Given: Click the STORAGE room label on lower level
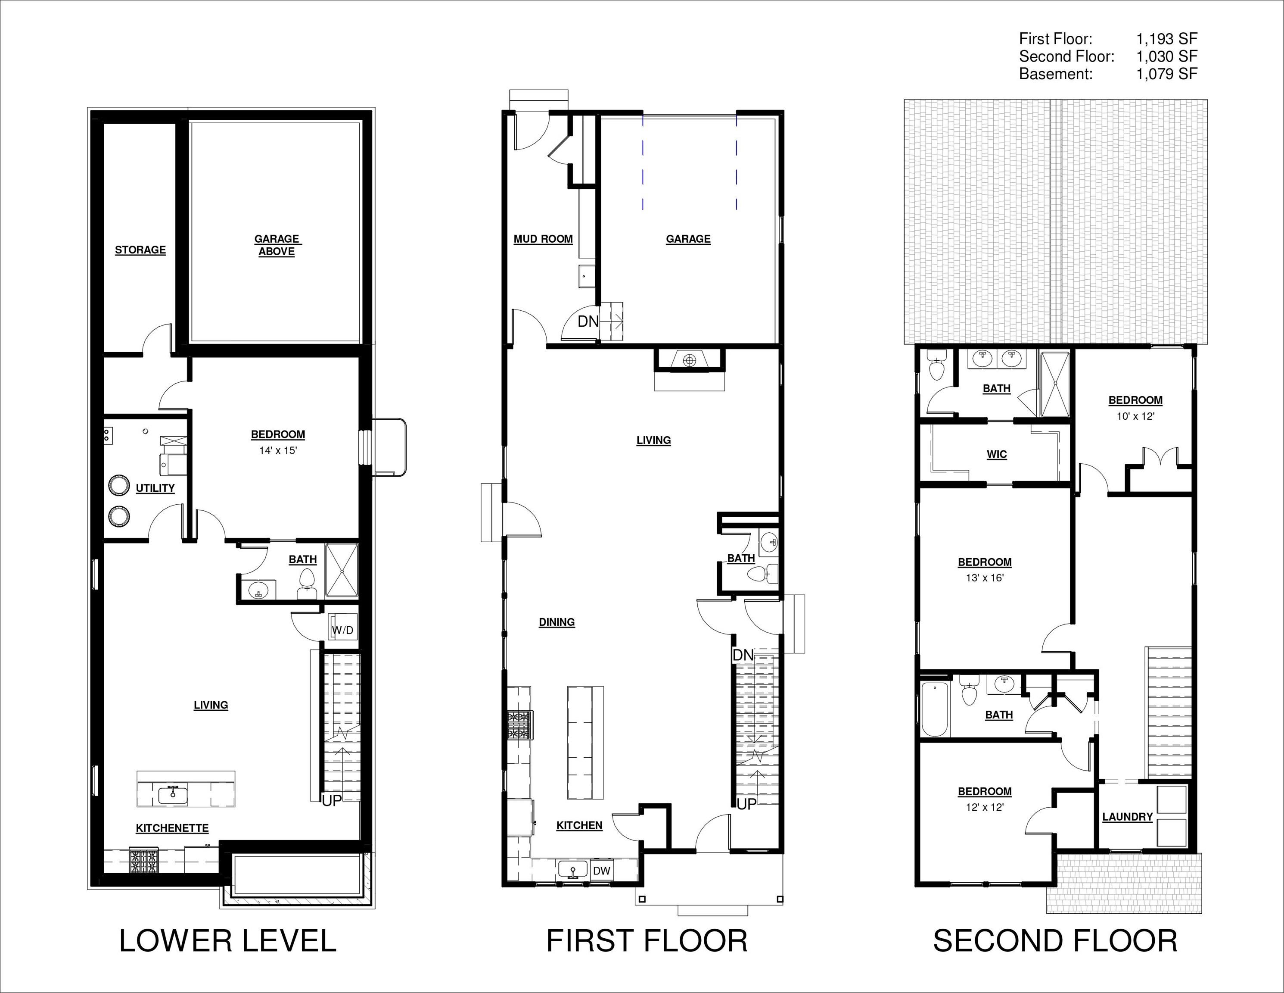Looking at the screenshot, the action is (140, 250).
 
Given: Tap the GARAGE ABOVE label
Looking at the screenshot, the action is (277, 245).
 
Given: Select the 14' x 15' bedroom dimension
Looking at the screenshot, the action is (278, 451).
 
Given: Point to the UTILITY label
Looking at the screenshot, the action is (155, 488).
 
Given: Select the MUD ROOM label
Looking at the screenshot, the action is (543, 239).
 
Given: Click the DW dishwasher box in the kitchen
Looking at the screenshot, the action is (601, 871).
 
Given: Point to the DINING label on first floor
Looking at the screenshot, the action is (557, 622).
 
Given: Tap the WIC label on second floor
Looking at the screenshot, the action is (997, 455).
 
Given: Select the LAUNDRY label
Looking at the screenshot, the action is (1127, 817).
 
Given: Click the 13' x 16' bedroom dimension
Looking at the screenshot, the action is (985, 578).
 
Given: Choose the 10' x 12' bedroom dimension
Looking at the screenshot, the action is (1135, 416).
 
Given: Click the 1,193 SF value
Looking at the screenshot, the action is (1166, 39).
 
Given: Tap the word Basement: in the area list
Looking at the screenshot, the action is (1055, 74).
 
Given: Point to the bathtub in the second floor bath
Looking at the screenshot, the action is (935, 709).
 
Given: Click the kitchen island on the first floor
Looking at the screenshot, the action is (585, 743).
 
